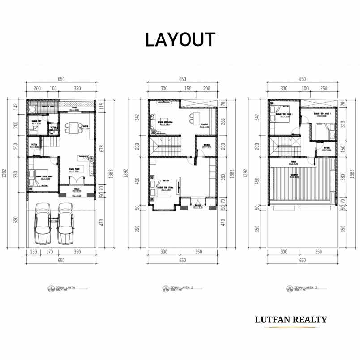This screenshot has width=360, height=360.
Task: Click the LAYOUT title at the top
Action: (x=180, y=40)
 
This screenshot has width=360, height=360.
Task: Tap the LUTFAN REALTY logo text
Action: (x=291, y=320)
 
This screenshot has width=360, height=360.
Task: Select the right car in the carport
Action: (x=65, y=223)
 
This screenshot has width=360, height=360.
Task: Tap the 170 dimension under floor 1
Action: (x=49, y=252)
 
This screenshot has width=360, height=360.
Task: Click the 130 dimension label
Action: (x=34, y=252)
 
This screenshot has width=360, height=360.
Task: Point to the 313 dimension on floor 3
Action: (x=343, y=124)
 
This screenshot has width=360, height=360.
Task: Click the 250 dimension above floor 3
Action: (x=324, y=89)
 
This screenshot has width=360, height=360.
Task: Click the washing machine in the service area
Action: (x=33, y=109)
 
